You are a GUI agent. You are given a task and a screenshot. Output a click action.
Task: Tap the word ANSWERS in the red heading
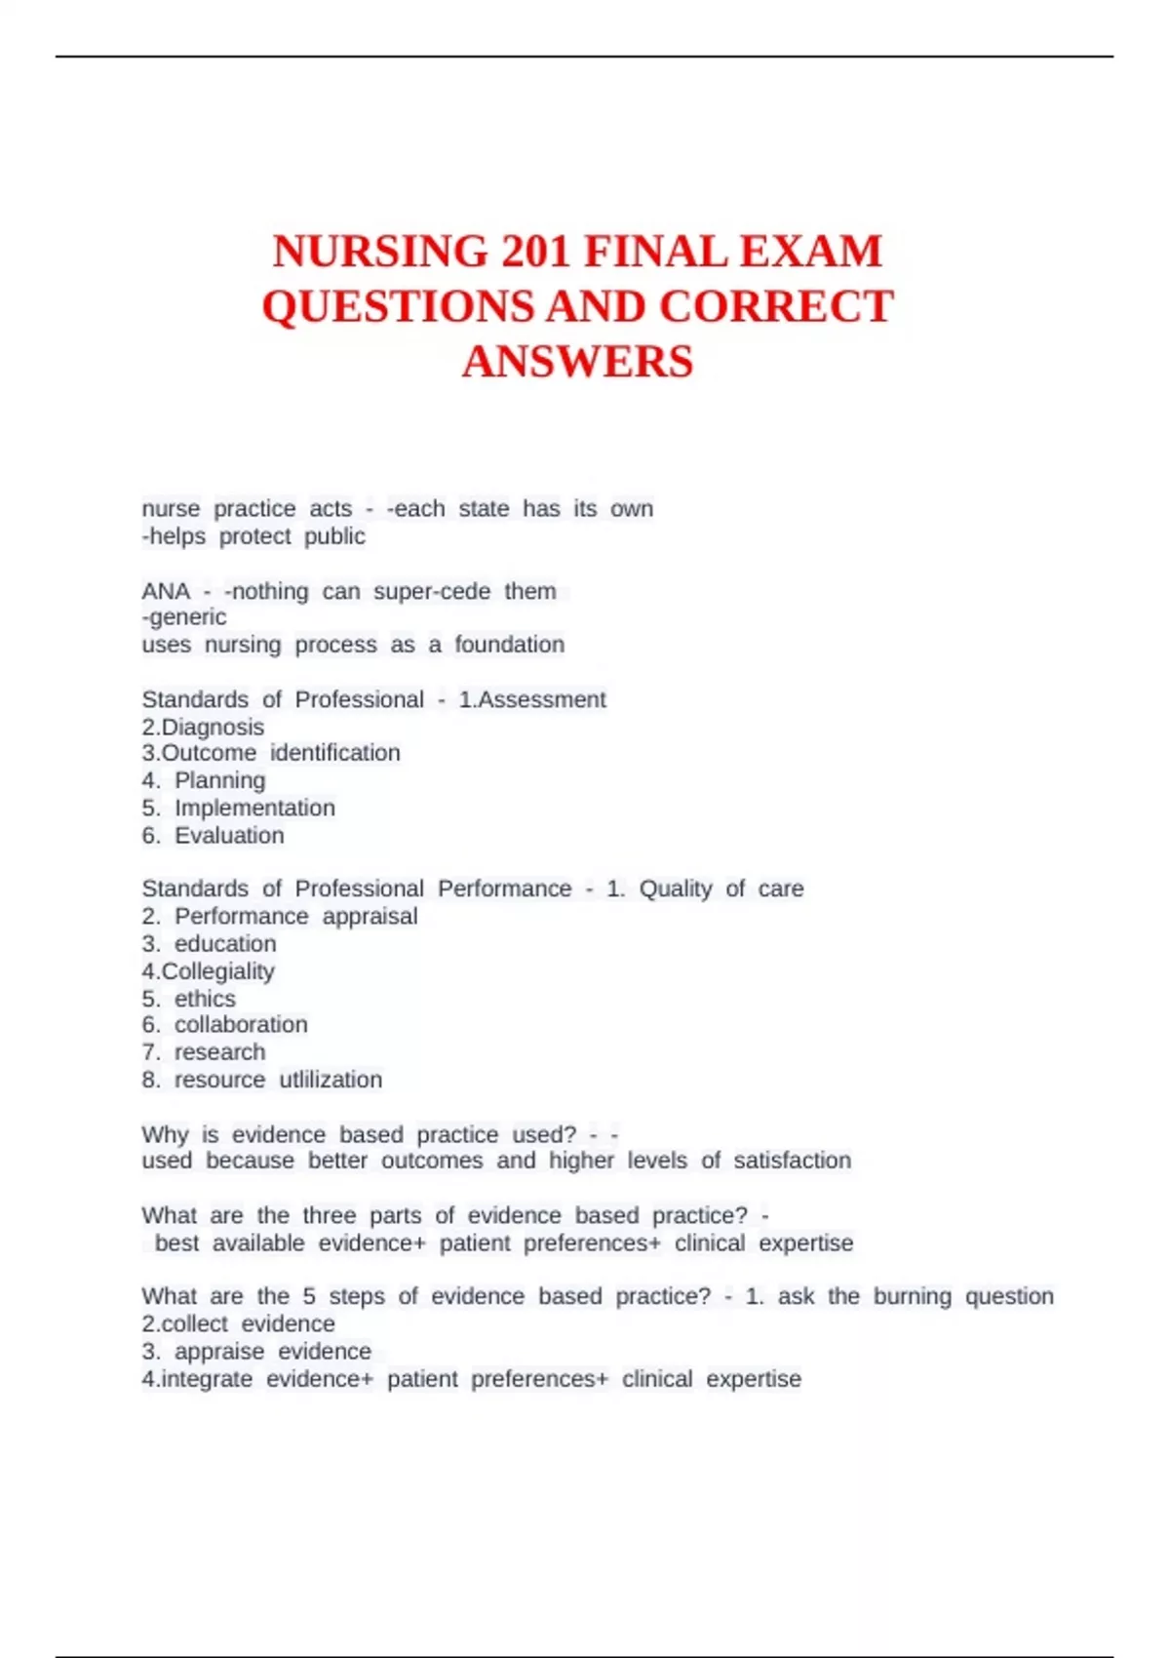point(577,362)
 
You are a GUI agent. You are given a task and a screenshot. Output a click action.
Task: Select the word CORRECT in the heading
point(776,307)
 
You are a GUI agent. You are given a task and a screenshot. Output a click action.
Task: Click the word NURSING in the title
point(380,252)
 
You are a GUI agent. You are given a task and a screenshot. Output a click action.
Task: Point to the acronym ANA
point(166,591)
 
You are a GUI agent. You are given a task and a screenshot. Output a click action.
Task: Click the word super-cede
point(432,591)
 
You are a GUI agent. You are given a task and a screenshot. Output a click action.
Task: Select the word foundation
point(510,645)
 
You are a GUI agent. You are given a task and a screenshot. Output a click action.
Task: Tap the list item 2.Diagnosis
point(203,727)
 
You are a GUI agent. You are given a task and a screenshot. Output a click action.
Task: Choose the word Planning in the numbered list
point(219,780)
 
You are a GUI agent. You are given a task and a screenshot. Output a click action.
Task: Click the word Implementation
point(254,808)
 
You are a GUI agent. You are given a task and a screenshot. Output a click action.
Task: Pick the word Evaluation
point(229,835)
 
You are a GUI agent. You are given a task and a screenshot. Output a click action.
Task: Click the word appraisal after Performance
point(370,916)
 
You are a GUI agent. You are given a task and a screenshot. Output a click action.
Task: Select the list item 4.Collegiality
point(208,971)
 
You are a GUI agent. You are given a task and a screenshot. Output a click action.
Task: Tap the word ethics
point(205,999)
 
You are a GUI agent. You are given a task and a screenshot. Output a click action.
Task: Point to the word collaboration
point(241,1024)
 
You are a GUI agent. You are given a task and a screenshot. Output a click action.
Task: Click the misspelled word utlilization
point(331,1080)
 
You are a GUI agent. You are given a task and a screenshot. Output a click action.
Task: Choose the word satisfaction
point(792,1160)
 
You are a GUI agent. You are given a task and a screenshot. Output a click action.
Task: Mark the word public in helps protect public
point(334,536)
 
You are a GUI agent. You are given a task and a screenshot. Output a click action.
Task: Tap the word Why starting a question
point(165,1134)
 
